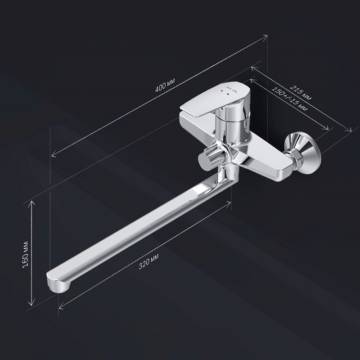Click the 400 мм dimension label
click(x=165, y=85)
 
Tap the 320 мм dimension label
click(x=148, y=261)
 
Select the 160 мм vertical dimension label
click(x=26, y=254)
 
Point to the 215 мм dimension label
click(x=301, y=93)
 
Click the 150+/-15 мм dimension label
click(x=289, y=99)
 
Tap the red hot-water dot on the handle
click(x=221, y=91)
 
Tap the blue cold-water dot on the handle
click(x=228, y=94)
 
